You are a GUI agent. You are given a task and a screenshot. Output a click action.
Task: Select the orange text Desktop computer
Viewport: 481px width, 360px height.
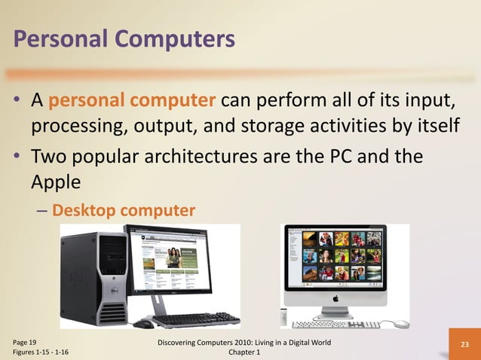pyautogui.click(x=124, y=209)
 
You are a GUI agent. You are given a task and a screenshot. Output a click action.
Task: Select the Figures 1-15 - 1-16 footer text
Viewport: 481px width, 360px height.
pyautogui.click(x=41, y=352)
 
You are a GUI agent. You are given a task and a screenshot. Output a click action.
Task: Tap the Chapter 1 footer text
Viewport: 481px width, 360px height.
pyautogui.click(x=240, y=352)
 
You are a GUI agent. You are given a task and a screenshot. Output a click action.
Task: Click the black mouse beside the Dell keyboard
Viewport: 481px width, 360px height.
pyautogui.click(x=143, y=324)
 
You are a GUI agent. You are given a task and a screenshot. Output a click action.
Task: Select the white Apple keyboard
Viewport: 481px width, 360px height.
pyautogui.click(x=335, y=325)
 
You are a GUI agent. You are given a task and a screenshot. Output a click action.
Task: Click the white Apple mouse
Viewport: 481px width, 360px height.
pyautogui.click(x=402, y=324)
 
